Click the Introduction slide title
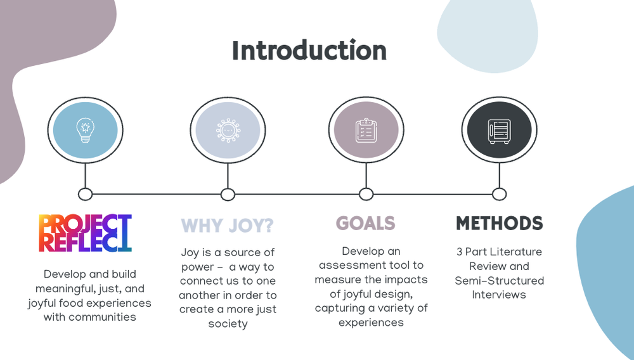(309, 51)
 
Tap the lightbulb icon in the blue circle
(85, 130)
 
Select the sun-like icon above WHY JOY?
(228, 130)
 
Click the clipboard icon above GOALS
(366, 130)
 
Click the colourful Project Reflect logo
(85, 233)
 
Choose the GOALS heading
(365, 223)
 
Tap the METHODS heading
(499, 223)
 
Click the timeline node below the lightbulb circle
(85, 194)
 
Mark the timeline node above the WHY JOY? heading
(228, 194)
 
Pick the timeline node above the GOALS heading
(366, 194)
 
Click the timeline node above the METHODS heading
(499, 194)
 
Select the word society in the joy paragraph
(228, 324)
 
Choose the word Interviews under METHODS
(499, 295)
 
